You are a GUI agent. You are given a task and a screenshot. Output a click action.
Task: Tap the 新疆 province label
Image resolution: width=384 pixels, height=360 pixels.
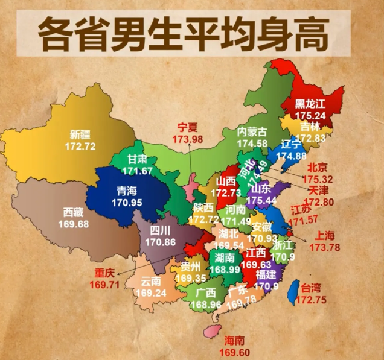coord(83,134)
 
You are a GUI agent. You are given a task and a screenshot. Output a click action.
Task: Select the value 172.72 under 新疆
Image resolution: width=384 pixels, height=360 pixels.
coord(83,146)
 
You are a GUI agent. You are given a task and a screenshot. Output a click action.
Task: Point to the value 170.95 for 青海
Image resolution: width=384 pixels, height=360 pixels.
coord(127,201)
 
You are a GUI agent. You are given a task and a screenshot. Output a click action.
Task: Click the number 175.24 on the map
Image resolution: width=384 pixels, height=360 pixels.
coord(311,115)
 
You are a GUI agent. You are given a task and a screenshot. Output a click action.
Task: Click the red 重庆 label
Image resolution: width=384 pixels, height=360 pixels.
coord(104,273)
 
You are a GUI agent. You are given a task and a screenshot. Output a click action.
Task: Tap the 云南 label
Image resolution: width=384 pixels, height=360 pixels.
coord(150,281)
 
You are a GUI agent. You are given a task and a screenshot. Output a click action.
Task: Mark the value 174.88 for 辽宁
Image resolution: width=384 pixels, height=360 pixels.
coord(289,156)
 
